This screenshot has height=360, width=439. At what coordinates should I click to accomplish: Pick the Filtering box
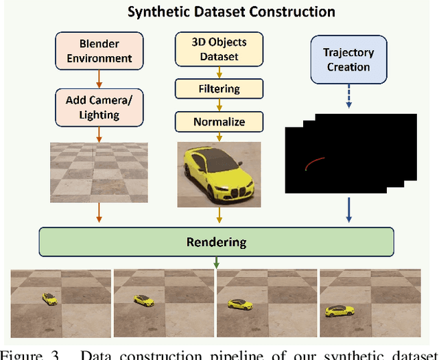(x=219, y=88)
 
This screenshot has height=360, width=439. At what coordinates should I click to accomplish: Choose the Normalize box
(x=219, y=122)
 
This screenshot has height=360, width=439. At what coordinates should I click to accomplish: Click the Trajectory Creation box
(x=348, y=60)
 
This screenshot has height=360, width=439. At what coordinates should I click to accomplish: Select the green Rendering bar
(x=216, y=242)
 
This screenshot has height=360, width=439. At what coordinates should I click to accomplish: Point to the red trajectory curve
(x=316, y=163)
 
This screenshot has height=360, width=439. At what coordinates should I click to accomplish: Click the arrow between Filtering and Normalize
(x=219, y=105)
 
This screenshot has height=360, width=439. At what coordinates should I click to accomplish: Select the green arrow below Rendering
(x=217, y=263)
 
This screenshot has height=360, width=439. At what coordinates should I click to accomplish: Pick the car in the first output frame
(x=49, y=298)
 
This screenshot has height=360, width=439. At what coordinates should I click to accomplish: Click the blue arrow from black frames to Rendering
(x=349, y=210)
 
